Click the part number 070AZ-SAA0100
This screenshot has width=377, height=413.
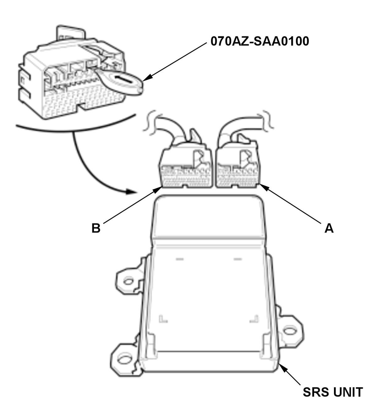coord(260,41)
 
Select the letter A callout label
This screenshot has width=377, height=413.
coord(329,228)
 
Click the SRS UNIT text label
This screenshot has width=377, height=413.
coord(333,392)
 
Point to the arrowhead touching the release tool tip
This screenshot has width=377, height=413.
coord(147,78)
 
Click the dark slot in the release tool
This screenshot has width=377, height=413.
coord(123,80)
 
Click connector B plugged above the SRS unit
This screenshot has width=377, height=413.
coord(185,165)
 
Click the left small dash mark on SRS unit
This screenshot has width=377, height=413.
coord(180,259)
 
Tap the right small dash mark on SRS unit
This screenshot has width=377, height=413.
coord(238,259)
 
